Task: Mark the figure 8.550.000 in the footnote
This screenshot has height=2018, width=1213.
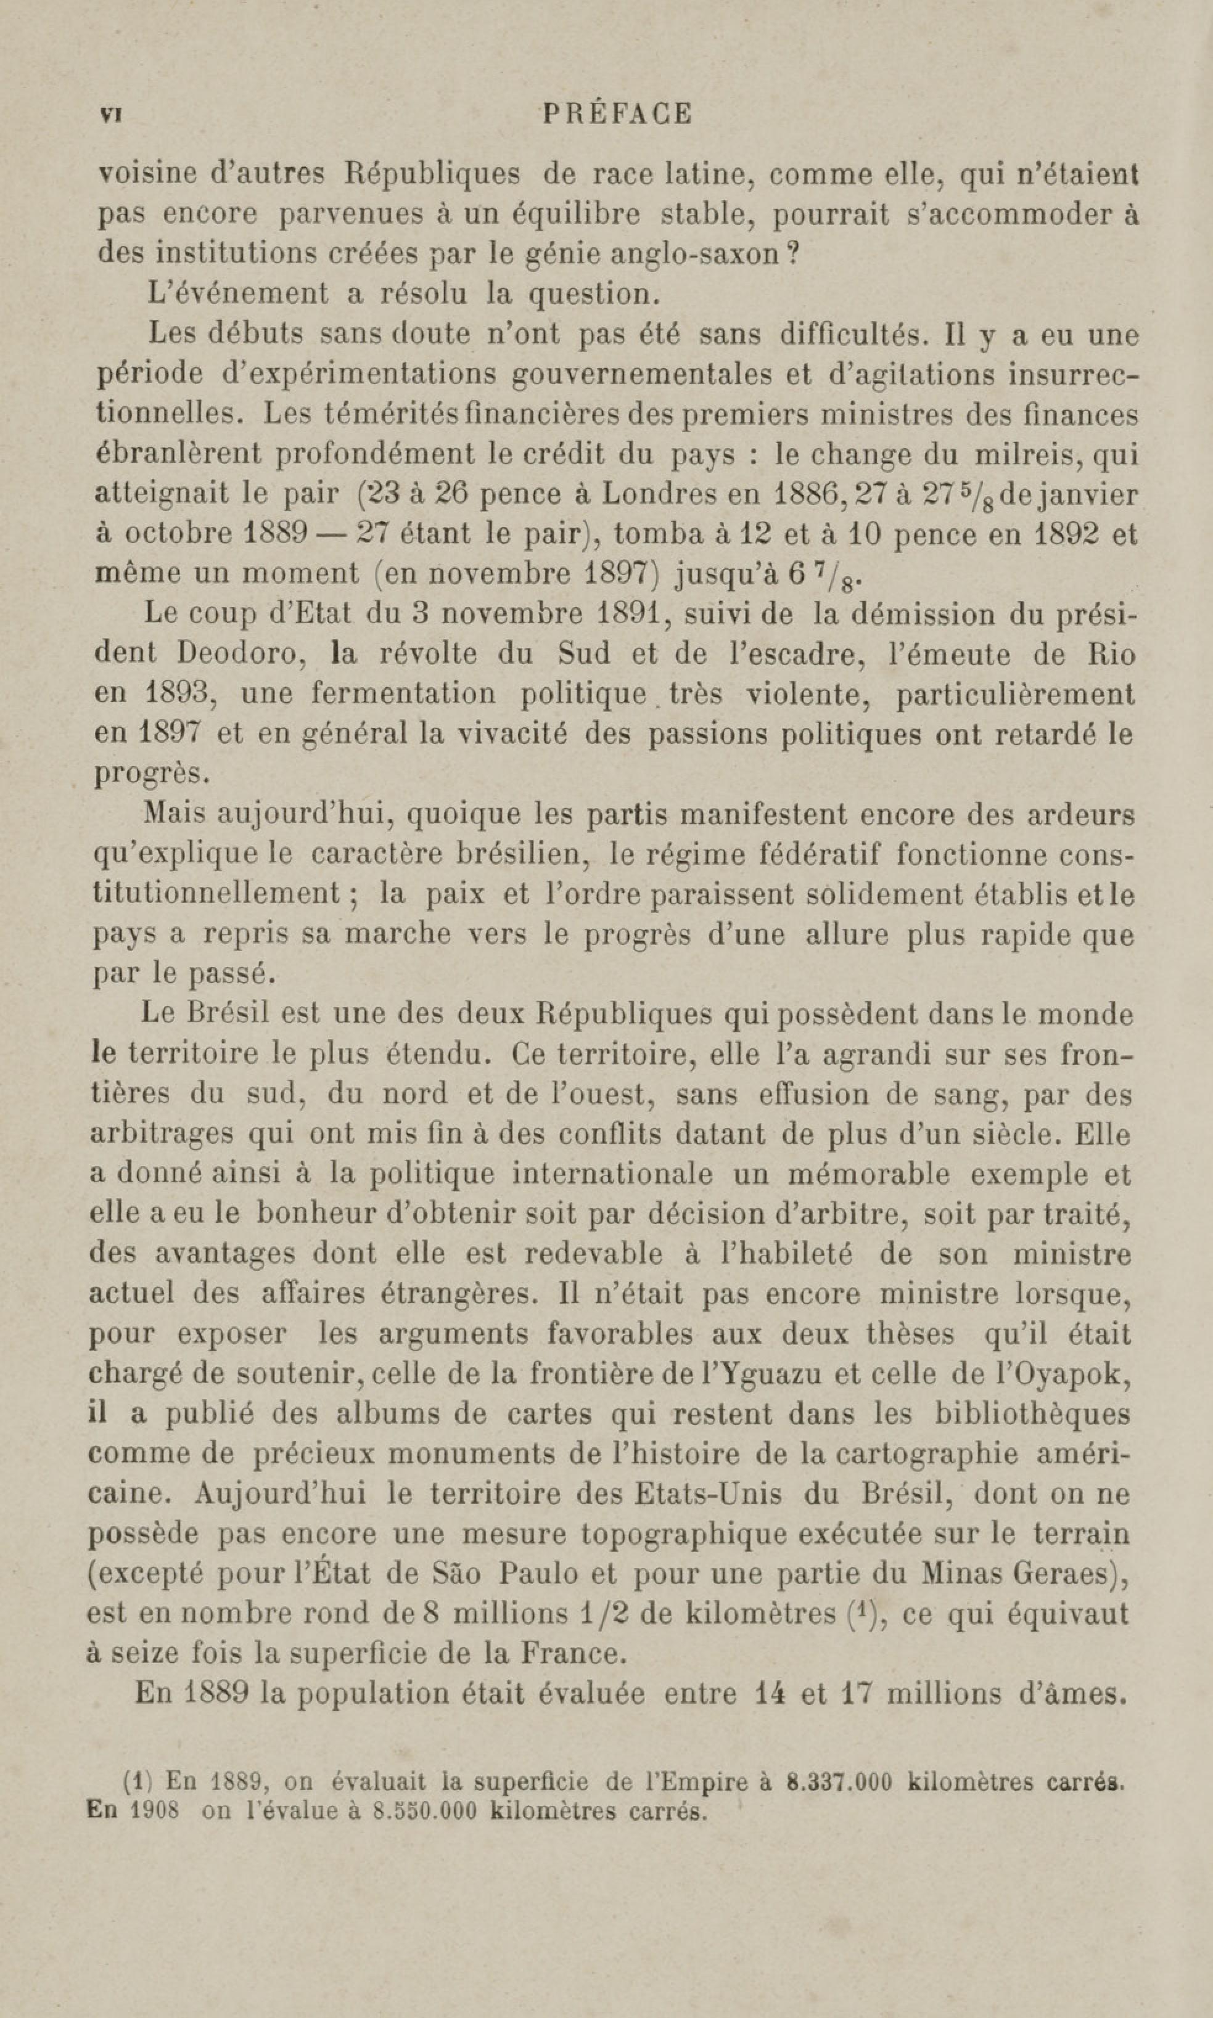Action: click(424, 1805)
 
